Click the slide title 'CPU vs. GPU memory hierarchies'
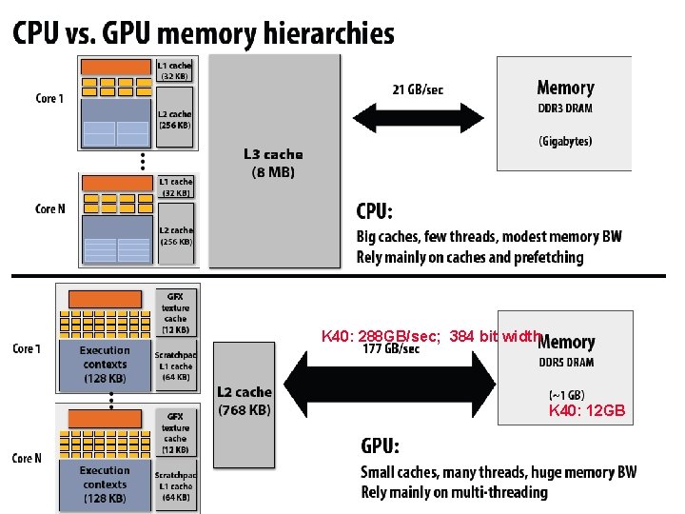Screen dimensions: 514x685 coord(203,34)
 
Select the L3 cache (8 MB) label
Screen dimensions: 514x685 coord(273,163)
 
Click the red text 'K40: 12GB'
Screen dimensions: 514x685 coord(587,411)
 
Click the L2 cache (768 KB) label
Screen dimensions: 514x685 coord(245,401)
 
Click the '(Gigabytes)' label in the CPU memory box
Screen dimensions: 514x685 coord(565,141)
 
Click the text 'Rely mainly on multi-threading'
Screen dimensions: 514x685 coord(453,492)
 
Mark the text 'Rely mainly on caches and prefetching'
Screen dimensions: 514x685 coord(470,257)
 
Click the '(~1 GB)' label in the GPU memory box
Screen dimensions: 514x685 coord(566,394)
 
